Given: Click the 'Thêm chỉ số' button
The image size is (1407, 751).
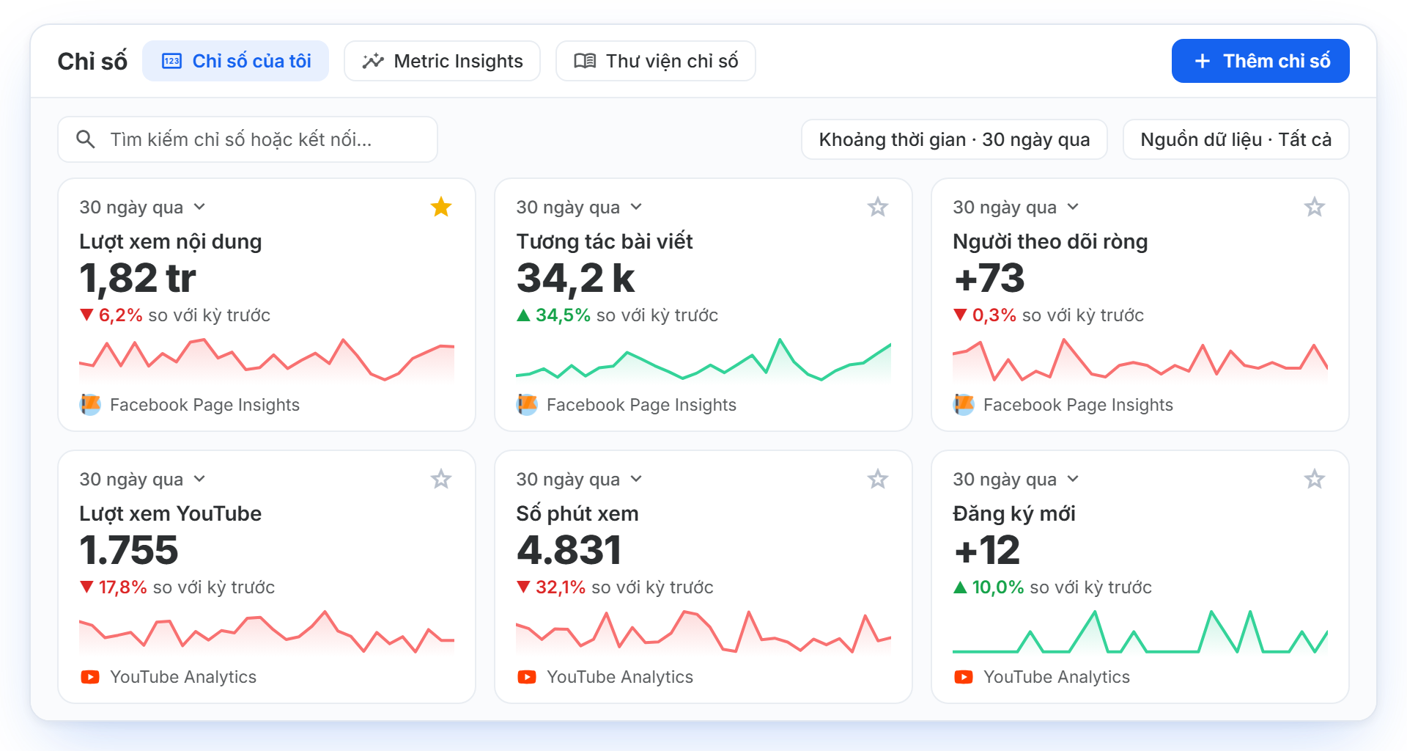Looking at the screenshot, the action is pos(1260,61).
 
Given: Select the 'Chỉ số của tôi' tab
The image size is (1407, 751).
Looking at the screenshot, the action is pos(235,61).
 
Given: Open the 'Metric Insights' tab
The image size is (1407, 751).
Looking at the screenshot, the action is pos(442,61).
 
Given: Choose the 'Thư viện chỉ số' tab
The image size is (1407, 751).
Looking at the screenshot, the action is pos(655,61).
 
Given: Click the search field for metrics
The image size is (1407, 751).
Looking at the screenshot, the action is pos(248,139).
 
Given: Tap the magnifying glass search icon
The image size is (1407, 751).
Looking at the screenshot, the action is pos(86,139).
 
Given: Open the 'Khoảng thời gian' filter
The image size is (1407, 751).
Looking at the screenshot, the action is pos(954,139).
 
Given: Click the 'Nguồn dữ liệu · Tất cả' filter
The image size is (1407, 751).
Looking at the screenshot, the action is pos(1236,139).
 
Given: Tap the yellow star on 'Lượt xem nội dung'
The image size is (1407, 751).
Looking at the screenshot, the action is pos(441,207).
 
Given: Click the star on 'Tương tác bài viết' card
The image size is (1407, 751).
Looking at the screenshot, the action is pos(878,207).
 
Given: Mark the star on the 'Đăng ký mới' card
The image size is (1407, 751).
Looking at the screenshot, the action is pos(1315,479).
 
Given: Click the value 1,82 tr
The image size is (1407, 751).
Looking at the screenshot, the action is pos(138,279).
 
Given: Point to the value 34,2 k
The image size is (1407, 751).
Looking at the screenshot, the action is pos(575,279).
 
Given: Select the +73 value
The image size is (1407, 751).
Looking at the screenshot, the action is pos(989,279).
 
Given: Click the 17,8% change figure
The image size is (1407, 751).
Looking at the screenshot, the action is pos(122,587).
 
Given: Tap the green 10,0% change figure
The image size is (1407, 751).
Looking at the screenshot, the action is pos(997,587).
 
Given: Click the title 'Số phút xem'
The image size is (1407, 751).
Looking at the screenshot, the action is pos(577,513).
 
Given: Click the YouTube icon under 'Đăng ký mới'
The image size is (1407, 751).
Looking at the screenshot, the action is pos(964,677).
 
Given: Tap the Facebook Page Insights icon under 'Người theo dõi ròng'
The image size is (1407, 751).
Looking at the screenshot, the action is pos(964,404).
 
